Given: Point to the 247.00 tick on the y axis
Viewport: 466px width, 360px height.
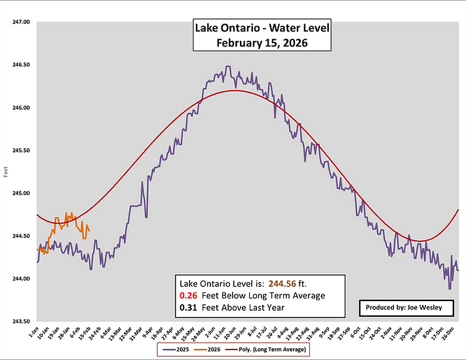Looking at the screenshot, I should pyautogui.click(x=22, y=22).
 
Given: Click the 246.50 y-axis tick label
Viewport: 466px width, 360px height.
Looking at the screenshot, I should pyautogui.click(x=22, y=65).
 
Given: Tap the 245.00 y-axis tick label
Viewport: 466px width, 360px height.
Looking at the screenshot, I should pyautogui.click(x=22, y=193).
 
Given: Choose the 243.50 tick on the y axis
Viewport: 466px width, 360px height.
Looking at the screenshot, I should pyautogui.click(x=22, y=321).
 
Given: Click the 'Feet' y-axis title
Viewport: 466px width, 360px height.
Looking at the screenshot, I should pyautogui.click(x=7, y=172).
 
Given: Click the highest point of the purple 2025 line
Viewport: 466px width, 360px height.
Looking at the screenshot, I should pyautogui.click(x=227, y=66).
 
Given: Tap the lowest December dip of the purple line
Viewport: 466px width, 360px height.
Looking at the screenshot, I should pyautogui.click(x=450, y=289).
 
